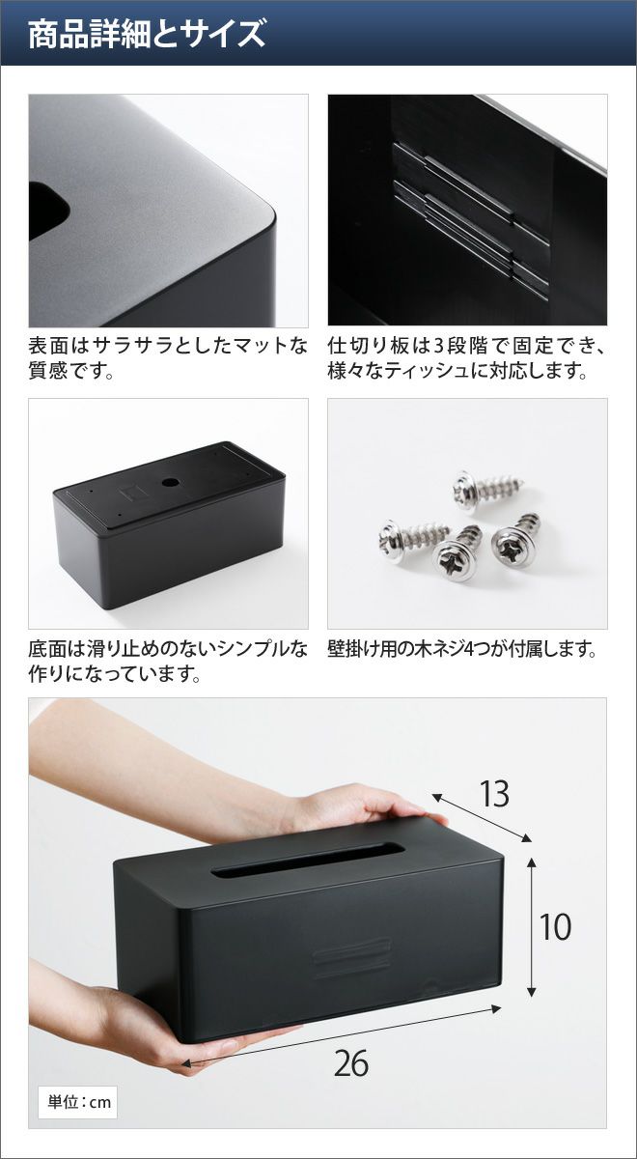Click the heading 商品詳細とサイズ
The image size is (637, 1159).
[x=147, y=34]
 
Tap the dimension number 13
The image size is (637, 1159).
[x=494, y=794]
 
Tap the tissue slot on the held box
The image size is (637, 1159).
[x=308, y=860]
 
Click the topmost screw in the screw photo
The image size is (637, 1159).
[x=487, y=489]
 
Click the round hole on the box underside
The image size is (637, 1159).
[x=169, y=483]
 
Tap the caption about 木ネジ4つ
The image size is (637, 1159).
[x=461, y=649]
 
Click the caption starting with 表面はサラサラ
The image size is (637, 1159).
[x=168, y=358]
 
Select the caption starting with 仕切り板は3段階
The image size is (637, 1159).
[x=466, y=358]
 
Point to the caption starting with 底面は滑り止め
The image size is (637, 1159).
[x=168, y=662]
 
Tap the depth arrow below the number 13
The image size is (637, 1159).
[x=482, y=817]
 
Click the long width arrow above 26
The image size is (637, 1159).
[x=342, y=1032]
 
